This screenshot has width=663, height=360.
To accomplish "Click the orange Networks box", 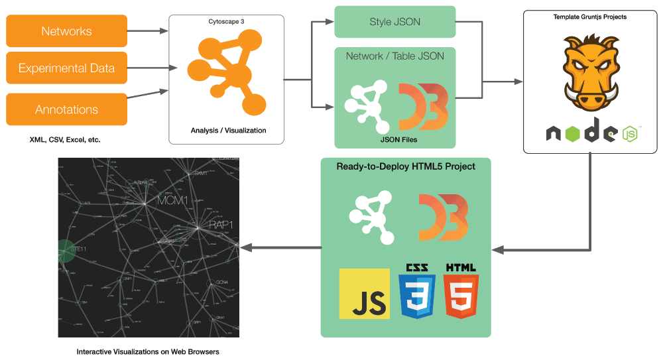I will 66,31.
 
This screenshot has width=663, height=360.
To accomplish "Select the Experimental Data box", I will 66,68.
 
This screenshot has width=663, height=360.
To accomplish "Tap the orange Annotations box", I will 66,109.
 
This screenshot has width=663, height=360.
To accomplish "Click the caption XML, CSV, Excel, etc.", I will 65,140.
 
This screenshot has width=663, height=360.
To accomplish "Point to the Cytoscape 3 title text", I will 226,22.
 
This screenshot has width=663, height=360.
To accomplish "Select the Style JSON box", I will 394,22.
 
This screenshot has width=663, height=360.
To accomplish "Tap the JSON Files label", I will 394,140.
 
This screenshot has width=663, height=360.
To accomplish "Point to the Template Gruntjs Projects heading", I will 592,17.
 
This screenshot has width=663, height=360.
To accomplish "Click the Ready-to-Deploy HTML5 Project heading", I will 406,166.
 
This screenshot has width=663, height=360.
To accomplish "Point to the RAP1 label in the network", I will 221,225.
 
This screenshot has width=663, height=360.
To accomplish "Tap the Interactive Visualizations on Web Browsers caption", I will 148,351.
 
